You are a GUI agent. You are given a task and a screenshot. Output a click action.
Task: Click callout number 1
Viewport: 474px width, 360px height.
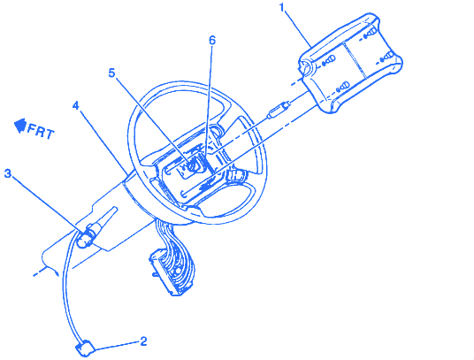282,8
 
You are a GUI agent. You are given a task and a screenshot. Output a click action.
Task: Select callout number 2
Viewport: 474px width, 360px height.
143,341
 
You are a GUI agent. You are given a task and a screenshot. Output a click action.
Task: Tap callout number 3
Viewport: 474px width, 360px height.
8,173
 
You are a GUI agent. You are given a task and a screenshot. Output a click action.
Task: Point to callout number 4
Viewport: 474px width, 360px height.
75,105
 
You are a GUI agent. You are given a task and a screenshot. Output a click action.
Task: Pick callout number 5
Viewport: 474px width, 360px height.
111,73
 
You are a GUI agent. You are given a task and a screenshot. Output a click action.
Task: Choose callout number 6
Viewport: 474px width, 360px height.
212,40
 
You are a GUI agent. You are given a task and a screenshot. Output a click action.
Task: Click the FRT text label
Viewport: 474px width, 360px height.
41,131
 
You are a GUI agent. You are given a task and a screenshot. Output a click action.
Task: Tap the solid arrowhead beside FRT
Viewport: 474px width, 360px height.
20,125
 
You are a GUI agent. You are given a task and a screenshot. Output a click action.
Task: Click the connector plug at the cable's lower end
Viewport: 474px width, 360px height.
85,349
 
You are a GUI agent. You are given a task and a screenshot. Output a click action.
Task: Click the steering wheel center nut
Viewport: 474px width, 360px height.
192,166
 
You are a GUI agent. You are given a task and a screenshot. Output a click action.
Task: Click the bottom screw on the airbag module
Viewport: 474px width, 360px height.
343,87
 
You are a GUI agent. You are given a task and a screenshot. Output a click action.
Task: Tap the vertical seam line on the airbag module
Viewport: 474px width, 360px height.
355,60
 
